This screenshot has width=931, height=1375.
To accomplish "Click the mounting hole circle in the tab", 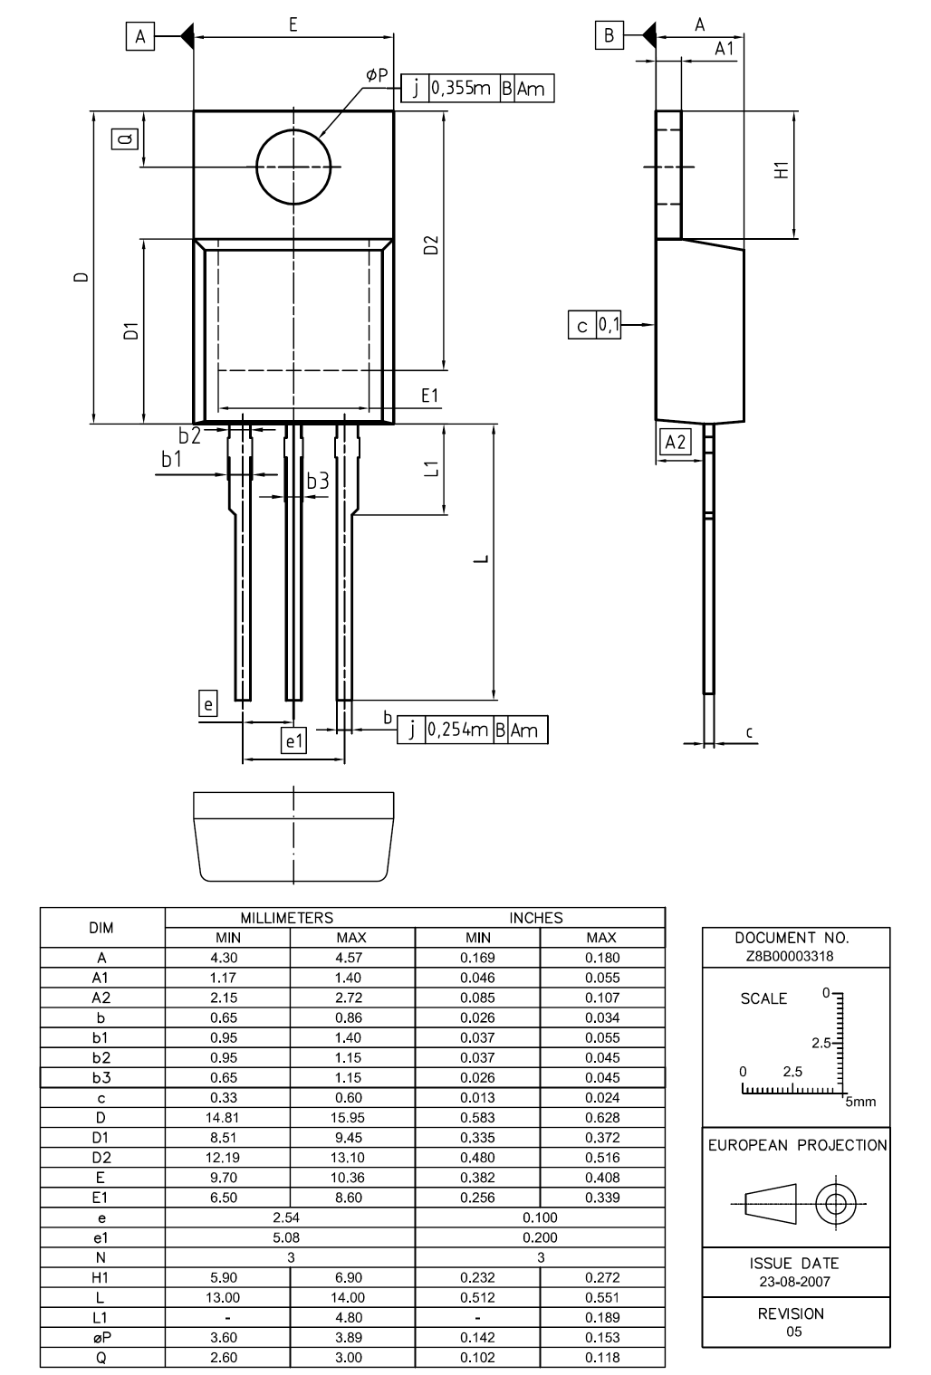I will pyautogui.click(x=293, y=167).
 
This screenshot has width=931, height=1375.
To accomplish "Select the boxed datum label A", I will pyautogui.click(x=140, y=36).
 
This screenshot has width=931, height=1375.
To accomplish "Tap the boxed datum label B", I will pyautogui.click(x=609, y=36).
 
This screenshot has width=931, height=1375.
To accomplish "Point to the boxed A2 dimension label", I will pyautogui.click(x=676, y=442).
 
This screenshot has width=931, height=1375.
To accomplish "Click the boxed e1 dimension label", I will pyautogui.click(x=294, y=740).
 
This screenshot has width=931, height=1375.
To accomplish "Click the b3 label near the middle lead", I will pyautogui.click(x=317, y=482).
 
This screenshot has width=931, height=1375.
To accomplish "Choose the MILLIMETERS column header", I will pyautogui.click(x=290, y=918).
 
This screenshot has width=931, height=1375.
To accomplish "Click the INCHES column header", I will pyautogui.click(x=540, y=918).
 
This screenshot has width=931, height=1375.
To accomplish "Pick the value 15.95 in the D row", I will pyautogui.click(x=351, y=1118).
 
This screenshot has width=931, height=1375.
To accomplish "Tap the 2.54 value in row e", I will pyautogui.click(x=290, y=1217).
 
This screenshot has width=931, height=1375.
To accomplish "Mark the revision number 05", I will pyautogui.click(x=794, y=1332).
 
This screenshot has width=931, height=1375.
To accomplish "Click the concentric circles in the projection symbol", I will pyautogui.click(x=836, y=1205).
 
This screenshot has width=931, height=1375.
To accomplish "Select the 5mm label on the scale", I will pyautogui.click(x=861, y=1102).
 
